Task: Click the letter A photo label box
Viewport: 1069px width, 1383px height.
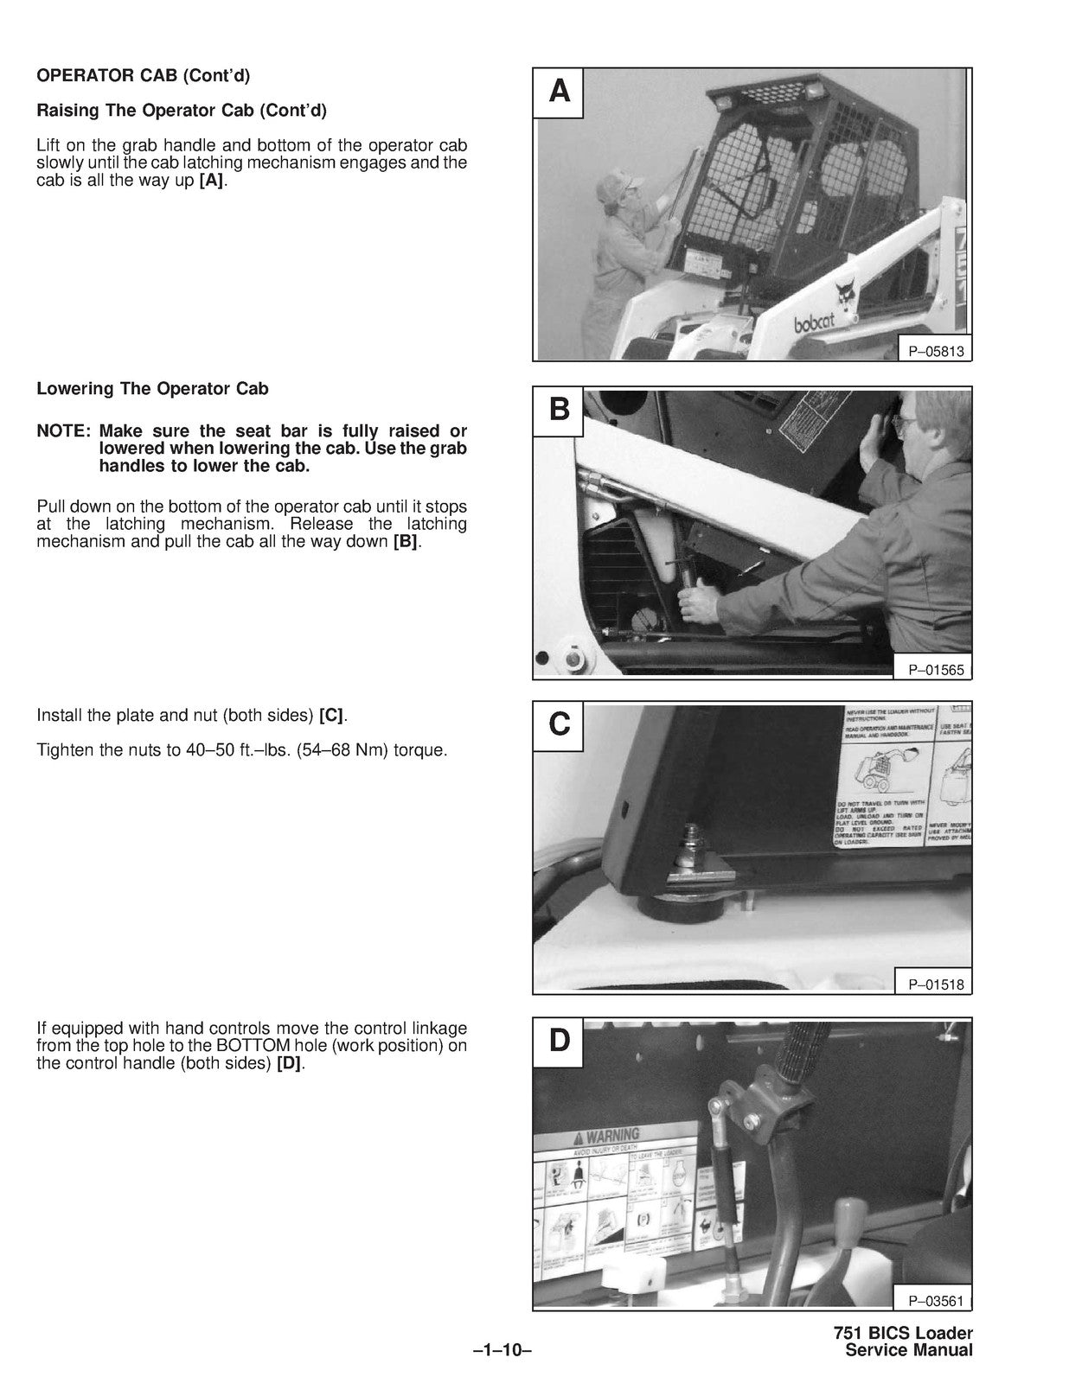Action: [560, 92]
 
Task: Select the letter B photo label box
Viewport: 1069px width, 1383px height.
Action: [560, 409]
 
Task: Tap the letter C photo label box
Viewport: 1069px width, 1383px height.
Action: [560, 723]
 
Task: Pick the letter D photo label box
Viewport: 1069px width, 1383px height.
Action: [560, 1041]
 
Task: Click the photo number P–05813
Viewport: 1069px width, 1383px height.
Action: [935, 351]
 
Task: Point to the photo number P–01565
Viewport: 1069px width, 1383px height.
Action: [935, 670]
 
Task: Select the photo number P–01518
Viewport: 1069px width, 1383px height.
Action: [935, 984]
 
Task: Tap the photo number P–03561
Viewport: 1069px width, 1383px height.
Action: [935, 1300]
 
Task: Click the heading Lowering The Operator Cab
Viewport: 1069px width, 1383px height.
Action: [152, 389]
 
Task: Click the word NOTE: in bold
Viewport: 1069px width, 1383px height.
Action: [63, 431]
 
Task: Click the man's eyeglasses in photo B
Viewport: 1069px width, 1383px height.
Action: [905, 425]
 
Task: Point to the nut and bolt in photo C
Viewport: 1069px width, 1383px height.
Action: [695, 852]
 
